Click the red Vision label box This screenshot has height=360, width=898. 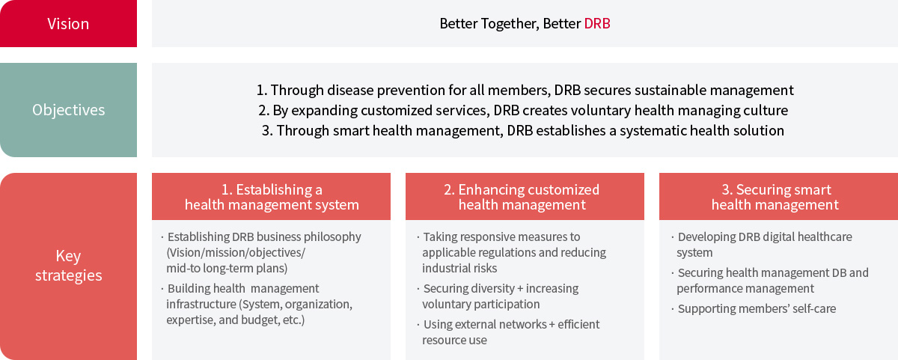68,23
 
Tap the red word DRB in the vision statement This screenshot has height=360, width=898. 597,24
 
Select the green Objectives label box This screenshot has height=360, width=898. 68,110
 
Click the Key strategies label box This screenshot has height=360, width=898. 68,266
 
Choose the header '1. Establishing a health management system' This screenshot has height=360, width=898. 271,196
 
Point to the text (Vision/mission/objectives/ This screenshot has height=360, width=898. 236,252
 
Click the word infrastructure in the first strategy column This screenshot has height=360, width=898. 201,305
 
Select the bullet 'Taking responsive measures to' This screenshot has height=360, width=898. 498,237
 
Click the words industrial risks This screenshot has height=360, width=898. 459,268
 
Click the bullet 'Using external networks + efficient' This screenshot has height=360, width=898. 508,324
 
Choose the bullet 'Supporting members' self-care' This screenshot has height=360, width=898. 754,308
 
